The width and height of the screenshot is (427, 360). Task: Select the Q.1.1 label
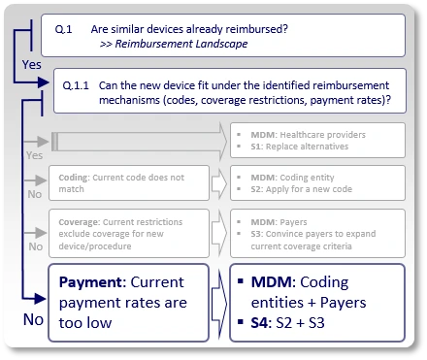click(75, 84)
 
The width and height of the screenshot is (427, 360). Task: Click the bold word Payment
click(91, 283)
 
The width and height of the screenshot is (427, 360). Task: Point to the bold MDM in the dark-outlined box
click(272, 282)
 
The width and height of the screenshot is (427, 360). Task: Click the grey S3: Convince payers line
click(311, 234)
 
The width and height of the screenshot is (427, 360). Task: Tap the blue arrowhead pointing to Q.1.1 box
click(45, 84)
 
